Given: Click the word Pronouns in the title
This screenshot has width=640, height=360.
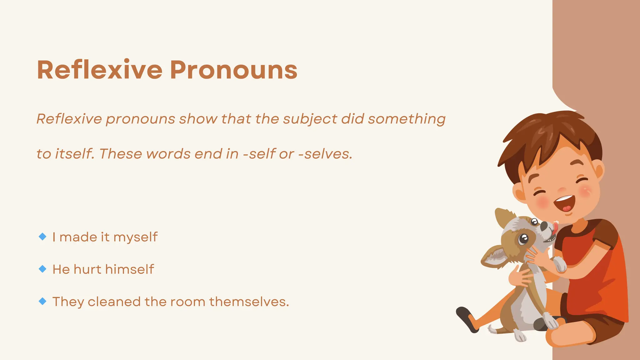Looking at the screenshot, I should tap(233, 70).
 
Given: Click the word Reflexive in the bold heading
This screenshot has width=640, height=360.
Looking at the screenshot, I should tap(100, 70).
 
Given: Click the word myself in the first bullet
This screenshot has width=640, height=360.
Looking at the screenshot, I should tap(135, 237).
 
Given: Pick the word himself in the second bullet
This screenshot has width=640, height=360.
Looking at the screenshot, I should tap(130, 269).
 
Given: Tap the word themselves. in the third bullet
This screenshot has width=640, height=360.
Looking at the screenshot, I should tap(249, 302).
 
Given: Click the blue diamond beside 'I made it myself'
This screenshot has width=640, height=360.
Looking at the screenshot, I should tap(42, 237).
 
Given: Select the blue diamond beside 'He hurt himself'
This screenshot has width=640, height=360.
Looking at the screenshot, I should tap(42, 269).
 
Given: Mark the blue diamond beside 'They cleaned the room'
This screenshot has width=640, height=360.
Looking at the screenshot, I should tap(42, 301).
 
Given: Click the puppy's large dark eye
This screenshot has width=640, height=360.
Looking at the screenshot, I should tap(523, 239).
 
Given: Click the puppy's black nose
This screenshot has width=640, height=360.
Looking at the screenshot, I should tap(544, 226).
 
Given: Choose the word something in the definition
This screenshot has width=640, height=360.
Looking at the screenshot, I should tap(407, 119).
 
